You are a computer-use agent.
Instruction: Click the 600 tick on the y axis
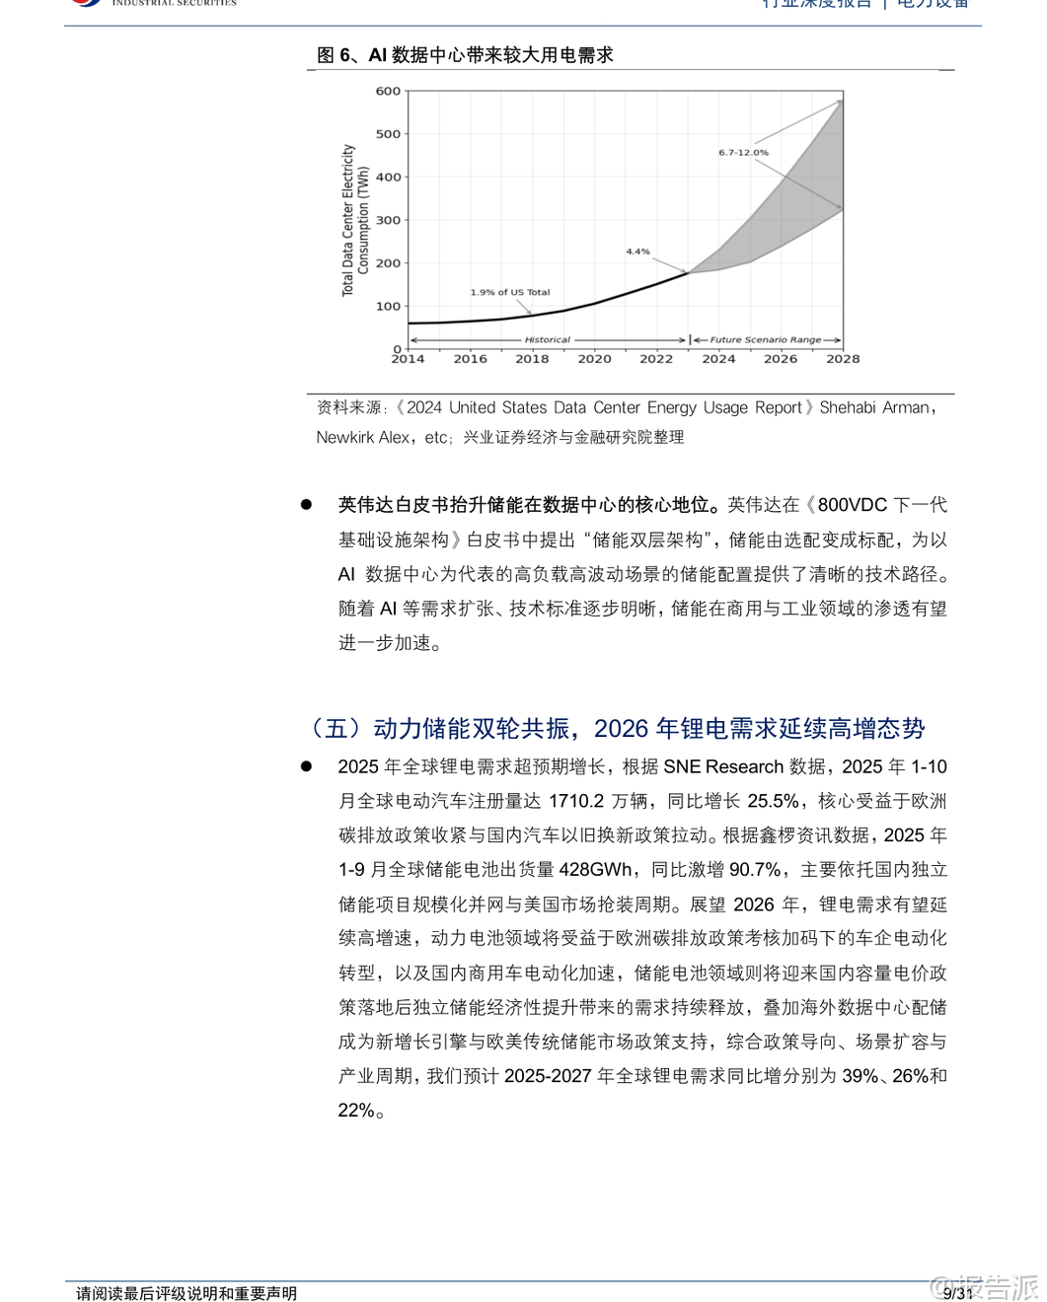[388, 92]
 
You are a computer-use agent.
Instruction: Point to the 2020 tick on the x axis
[594, 359]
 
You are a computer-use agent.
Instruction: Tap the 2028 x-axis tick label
[843, 359]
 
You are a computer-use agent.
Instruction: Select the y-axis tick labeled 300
[388, 221]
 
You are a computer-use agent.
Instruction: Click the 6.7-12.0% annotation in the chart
[743, 153]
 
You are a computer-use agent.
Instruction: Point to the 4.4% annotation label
[637, 252]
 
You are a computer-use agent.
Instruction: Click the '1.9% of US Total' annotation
[509, 293]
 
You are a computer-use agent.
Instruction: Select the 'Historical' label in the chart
[547, 340]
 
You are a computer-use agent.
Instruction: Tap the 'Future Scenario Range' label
[765, 340]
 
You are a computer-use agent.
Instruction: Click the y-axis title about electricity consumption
[354, 220]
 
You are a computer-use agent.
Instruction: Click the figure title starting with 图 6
[465, 55]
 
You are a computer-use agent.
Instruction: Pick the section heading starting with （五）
[614, 729]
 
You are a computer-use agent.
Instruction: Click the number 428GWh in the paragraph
[596, 870]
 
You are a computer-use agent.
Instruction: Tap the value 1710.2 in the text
[575, 801]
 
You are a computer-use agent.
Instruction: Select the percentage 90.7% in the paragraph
[755, 870]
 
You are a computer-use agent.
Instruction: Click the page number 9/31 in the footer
[957, 1292]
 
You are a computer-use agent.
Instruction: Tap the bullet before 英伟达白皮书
[306, 505]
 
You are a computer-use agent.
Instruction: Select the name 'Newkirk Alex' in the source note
[362, 437]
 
